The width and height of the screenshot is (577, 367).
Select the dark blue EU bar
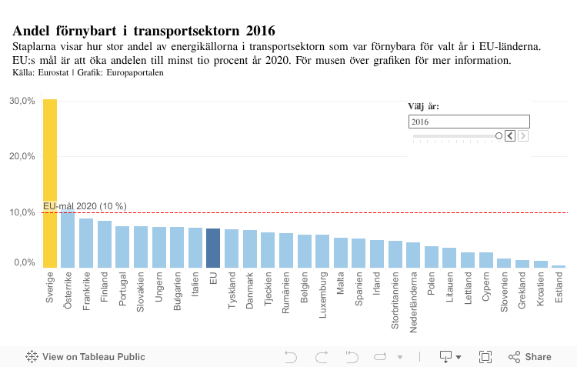(213, 248)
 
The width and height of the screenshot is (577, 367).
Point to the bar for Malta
(341, 252)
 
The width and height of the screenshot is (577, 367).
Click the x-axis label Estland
(559, 289)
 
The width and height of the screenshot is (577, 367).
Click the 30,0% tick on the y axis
(22, 101)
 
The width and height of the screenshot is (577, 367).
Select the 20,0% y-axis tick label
(22, 155)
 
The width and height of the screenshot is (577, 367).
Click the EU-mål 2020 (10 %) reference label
(85, 206)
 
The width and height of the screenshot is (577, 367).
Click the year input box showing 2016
(469, 122)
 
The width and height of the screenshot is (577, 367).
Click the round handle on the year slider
(499, 136)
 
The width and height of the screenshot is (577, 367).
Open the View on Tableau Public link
(85, 357)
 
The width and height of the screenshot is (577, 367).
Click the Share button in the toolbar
(530, 357)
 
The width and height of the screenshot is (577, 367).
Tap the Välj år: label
(424, 107)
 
